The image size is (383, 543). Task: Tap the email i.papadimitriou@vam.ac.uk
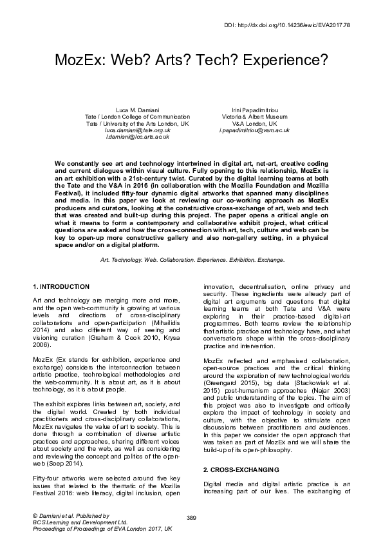254,130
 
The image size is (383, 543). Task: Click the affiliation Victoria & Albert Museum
254,116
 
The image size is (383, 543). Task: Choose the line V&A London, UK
254,123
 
